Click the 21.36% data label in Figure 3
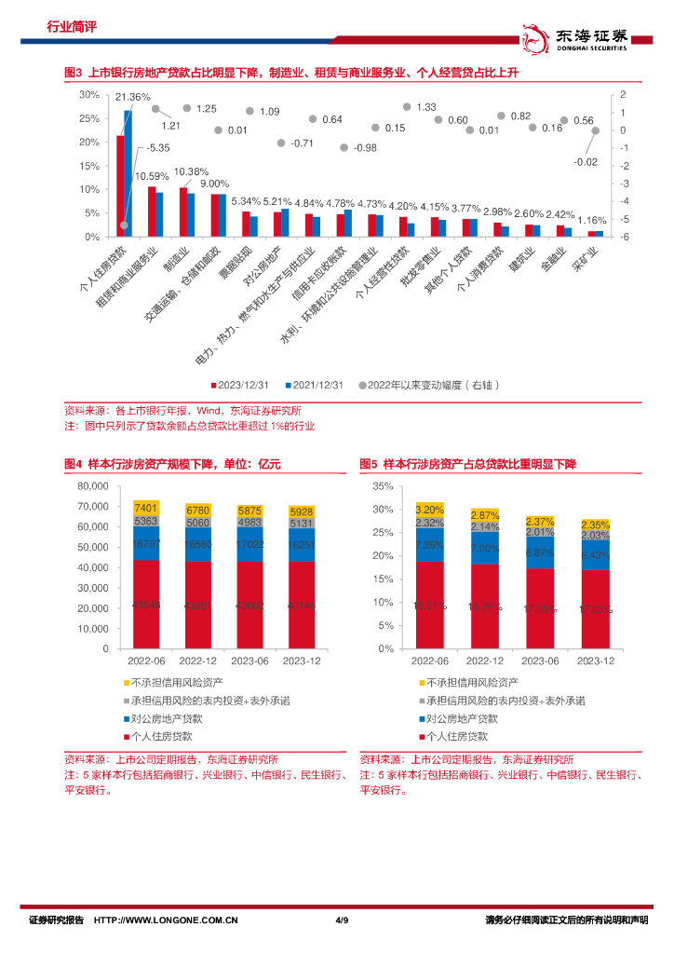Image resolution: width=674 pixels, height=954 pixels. point(132,97)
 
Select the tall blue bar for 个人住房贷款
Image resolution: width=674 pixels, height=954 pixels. point(128,173)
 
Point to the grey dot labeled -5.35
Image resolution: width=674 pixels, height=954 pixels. point(124,225)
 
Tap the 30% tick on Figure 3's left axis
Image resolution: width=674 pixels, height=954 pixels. point(89,95)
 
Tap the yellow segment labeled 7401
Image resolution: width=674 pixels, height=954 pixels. point(146,508)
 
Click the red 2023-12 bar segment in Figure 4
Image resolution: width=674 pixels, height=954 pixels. point(302,605)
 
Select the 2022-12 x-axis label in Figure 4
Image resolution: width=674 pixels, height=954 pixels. point(198,661)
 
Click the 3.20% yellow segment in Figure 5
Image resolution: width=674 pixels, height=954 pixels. point(430,510)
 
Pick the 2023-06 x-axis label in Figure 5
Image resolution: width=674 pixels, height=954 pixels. point(540,661)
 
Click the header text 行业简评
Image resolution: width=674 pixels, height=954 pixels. point(72,27)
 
